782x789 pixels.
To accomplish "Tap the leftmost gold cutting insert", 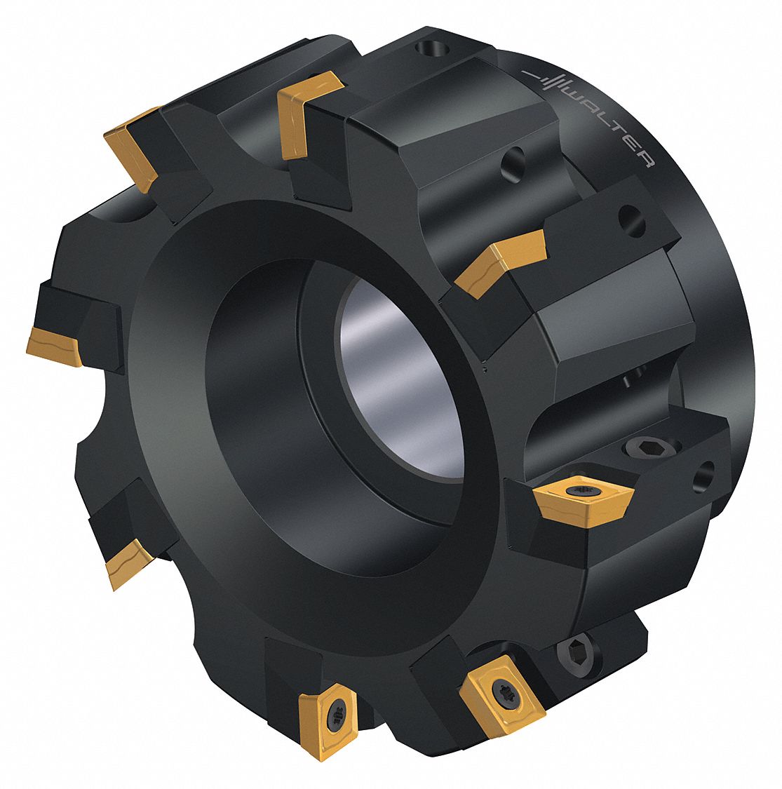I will [55, 346].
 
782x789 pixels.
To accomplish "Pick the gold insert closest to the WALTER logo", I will [501, 260].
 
